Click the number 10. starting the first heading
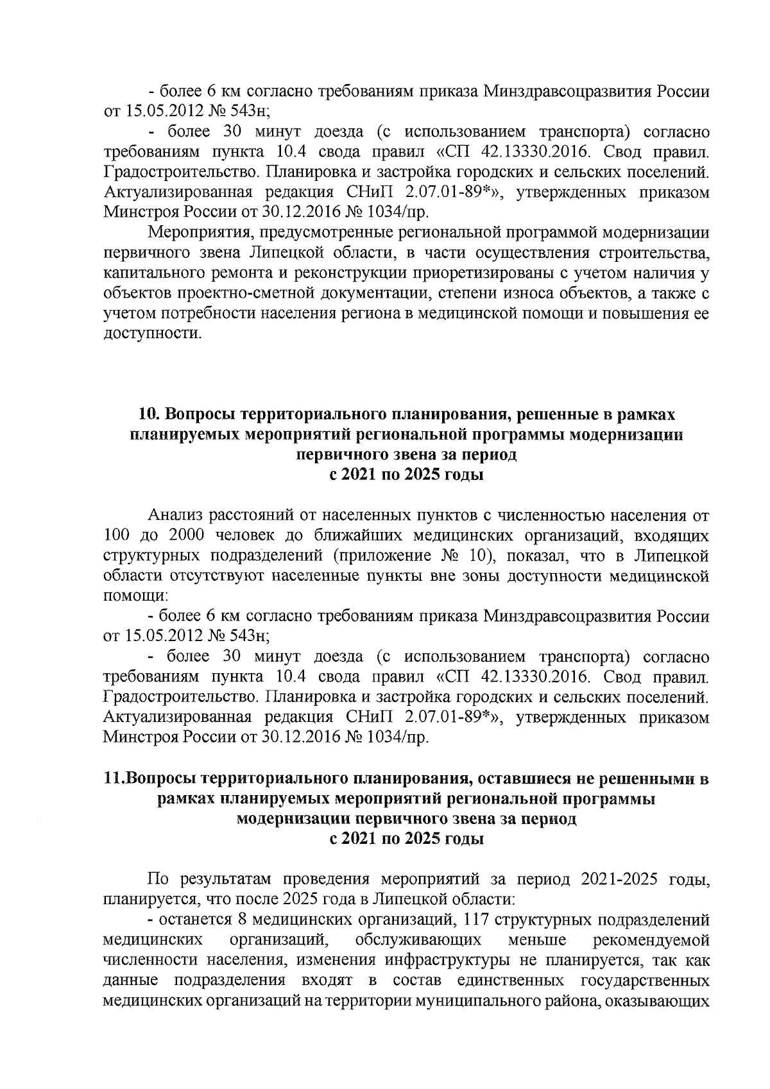[x=151, y=415]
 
